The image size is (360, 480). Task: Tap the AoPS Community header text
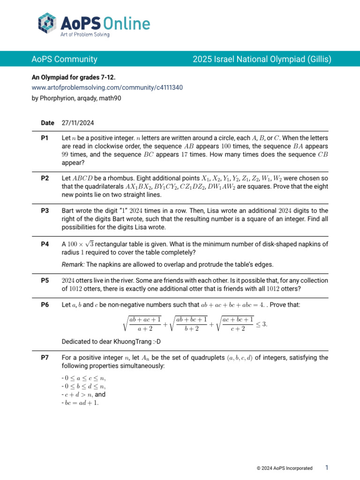(x=64, y=59)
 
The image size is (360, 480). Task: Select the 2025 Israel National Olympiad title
(x=262, y=59)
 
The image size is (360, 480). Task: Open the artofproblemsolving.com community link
(x=107, y=87)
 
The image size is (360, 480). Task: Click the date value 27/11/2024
(x=78, y=123)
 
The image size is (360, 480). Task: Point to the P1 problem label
(x=45, y=138)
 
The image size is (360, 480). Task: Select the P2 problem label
(x=45, y=179)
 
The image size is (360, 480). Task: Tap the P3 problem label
(x=45, y=211)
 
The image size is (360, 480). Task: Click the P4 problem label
(x=45, y=244)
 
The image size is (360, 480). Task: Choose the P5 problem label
(x=45, y=280)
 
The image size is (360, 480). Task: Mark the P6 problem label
(x=45, y=305)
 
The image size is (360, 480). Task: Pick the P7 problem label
(x=45, y=358)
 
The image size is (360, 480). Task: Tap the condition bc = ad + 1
(x=80, y=404)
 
